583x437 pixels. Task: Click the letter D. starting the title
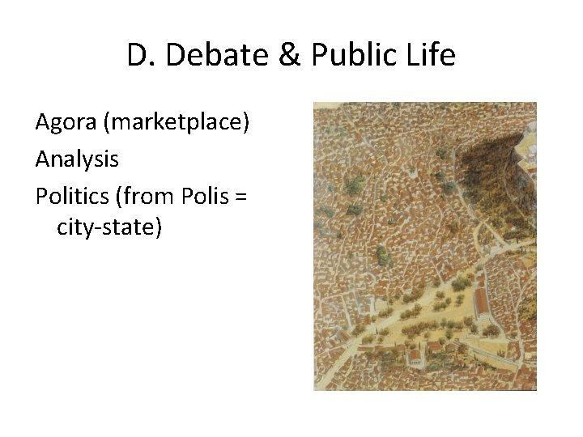[x=138, y=56]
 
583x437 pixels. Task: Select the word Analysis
[x=77, y=159]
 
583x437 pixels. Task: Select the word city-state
[x=105, y=228]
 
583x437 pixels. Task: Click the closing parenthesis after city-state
[x=159, y=228]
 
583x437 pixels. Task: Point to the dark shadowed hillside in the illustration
[x=490, y=170]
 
